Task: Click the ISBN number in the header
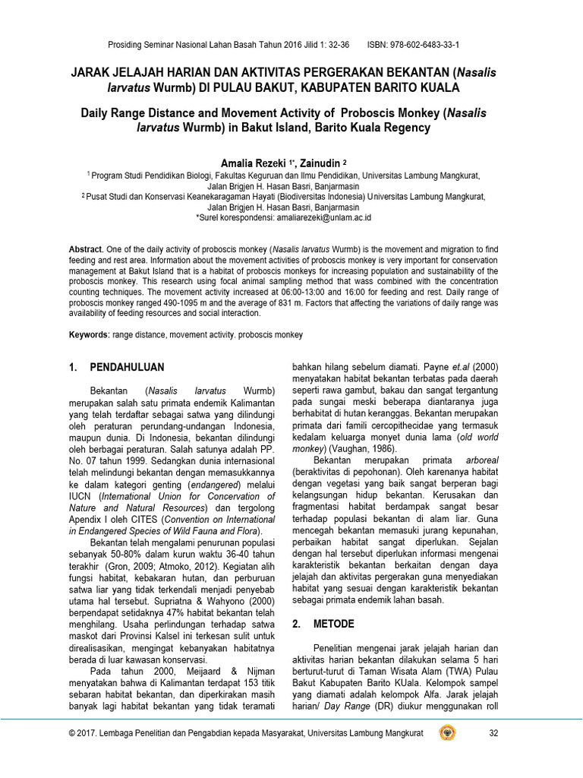[426, 45]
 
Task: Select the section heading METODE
[335, 624]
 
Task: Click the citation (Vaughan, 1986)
[360, 450]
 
